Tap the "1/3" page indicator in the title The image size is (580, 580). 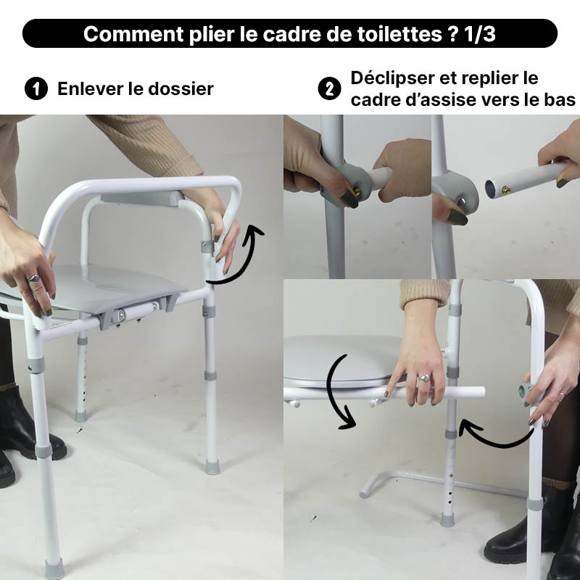(x=476, y=34)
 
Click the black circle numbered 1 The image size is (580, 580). (x=34, y=89)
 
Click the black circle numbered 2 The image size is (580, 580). (x=329, y=89)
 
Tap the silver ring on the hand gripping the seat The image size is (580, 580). (x=33, y=278)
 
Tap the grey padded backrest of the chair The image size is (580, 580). (x=141, y=198)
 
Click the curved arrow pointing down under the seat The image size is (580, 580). (x=339, y=391)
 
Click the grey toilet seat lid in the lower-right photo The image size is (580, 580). (x=341, y=359)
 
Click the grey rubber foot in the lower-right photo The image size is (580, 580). (x=447, y=518)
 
